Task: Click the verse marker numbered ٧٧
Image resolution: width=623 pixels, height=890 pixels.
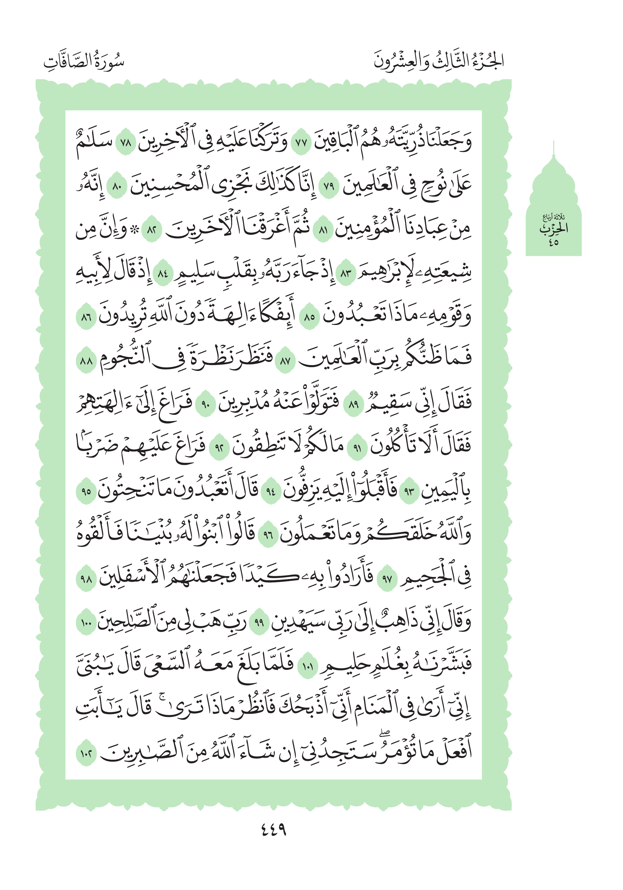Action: pos(301,143)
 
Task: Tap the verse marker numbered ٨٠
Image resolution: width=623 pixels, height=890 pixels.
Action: pos(117,188)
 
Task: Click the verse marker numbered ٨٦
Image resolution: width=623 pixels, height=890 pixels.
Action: pos(86,318)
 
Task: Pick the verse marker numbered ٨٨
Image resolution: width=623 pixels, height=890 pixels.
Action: pos(86,362)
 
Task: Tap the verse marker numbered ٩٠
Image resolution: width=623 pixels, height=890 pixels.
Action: pos(205,405)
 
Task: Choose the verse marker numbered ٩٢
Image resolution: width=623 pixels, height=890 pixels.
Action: pos(219,449)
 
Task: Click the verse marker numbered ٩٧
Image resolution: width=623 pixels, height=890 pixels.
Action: pos(387,579)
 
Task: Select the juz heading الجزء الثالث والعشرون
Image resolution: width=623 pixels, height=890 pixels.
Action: pos(438,61)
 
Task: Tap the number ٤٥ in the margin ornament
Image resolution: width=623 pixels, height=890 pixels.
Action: pos(553,243)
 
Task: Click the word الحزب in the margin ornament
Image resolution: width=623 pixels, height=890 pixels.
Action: pos(554,229)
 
